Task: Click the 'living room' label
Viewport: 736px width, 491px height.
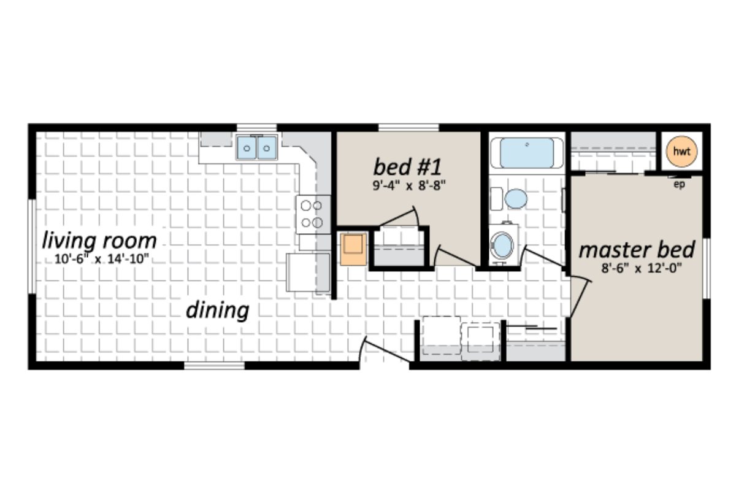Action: click(x=99, y=241)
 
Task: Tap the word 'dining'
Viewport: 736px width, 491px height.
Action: click(x=218, y=311)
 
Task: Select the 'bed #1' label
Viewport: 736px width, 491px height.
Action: click(x=408, y=166)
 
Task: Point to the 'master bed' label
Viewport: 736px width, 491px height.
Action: click(x=637, y=250)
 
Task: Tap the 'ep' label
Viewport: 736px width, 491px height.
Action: click(x=679, y=187)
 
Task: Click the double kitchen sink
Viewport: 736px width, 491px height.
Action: click(x=257, y=147)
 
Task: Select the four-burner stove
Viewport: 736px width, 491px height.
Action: click(x=313, y=214)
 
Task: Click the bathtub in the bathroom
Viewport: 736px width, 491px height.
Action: click(x=527, y=152)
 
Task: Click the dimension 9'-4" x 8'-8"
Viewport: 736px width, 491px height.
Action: click(x=408, y=185)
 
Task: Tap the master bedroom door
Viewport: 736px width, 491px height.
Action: click(x=580, y=297)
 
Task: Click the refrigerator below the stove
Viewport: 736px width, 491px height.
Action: click(x=308, y=272)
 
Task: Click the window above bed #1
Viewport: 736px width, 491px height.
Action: click(x=408, y=128)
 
